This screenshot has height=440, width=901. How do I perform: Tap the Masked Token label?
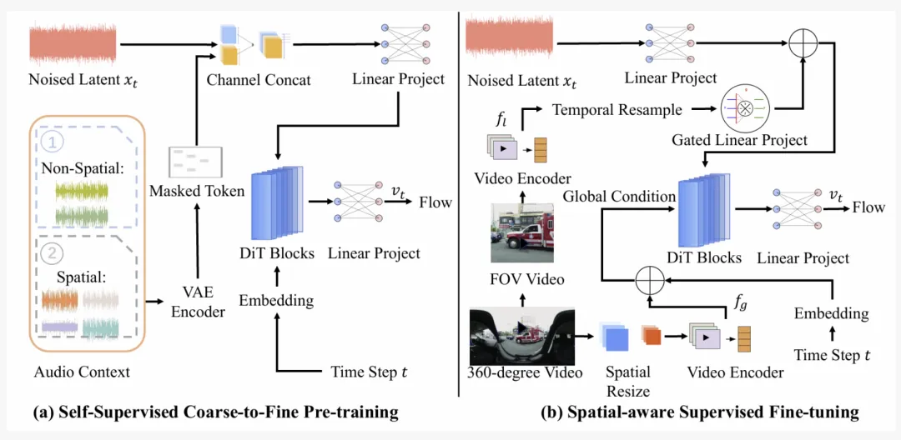pos(197,192)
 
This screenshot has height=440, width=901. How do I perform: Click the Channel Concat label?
pos(259,80)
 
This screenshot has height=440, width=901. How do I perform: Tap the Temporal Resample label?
pos(617,109)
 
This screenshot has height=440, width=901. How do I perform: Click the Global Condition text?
pos(618,197)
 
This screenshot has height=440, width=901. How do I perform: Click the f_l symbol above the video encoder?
pos(501,120)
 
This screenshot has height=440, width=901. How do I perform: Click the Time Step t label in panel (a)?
pos(370,372)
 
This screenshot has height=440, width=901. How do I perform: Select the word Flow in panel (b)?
pos(868,207)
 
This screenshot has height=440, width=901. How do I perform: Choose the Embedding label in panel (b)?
pos(831,313)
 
